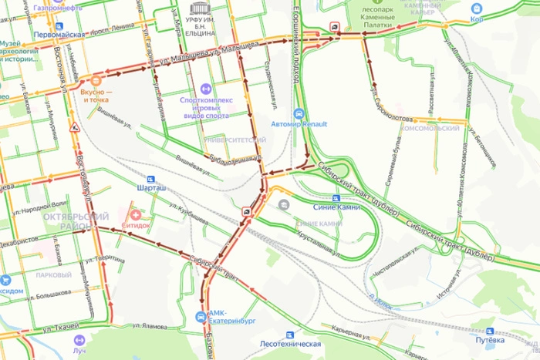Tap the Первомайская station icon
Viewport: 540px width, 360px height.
35,35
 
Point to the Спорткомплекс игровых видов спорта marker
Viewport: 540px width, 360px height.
204,89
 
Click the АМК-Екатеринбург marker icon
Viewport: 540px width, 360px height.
201,316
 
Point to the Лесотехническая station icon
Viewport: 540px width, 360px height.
290,335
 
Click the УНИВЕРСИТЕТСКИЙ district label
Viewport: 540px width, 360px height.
237,140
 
